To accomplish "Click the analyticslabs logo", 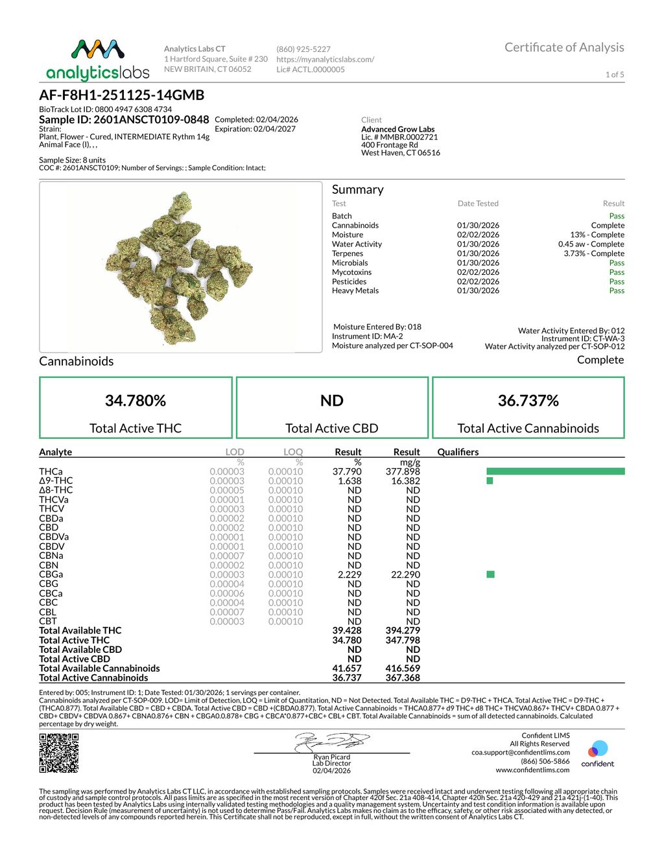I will [x=97, y=60].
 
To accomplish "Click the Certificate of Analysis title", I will [x=563, y=47].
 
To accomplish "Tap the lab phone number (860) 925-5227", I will [x=303, y=49].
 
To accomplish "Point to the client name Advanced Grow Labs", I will [x=397, y=129].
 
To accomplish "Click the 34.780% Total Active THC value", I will [x=136, y=401].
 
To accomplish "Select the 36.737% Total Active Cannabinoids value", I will [x=528, y=401].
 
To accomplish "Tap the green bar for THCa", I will [x=555, y=471].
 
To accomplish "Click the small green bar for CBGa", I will [x=490, y=574].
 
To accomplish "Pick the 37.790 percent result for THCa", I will [x=347, y=471].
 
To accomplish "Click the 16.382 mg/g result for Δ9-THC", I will [x=405, y=481].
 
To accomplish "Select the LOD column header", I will [x=234, y=452].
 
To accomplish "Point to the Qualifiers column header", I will [x=458, y=452].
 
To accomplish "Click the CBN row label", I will [x=49, y=565].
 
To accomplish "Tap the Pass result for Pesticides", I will [x=616, y=281].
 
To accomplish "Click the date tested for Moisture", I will [x=478, y=235].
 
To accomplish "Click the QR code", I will [x=59, y=753].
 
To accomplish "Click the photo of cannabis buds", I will [x=181, y=266].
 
